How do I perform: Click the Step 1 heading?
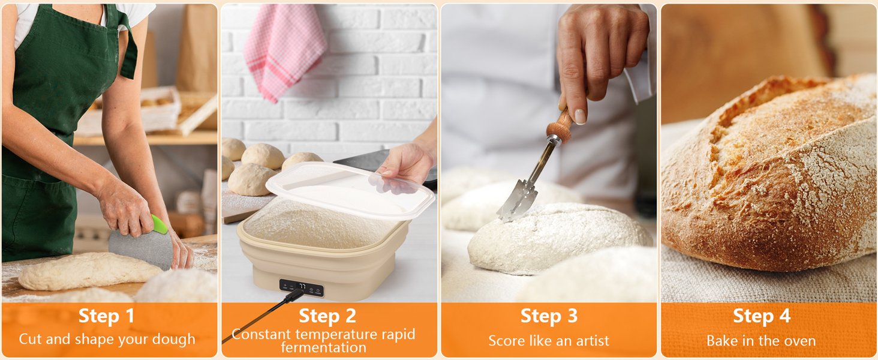point(107,316)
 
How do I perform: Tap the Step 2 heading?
point(327,316)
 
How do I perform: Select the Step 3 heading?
point(548,316)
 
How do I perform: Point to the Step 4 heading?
point(761,316)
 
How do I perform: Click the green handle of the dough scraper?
point(159,225)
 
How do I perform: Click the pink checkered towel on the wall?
point(285,51)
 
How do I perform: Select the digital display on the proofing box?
point(302,287)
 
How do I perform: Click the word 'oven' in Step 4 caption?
point(800,341)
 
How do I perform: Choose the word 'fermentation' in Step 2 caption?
point(324,347)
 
